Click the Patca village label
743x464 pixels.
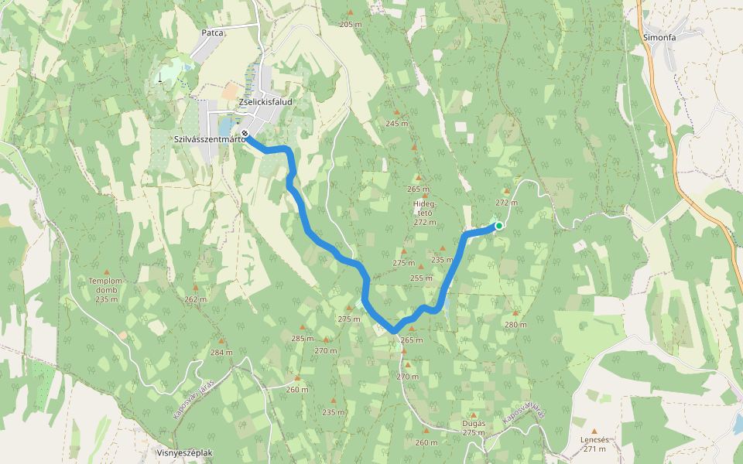[x=212, y=33]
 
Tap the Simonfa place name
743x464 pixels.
[x=659, y=36]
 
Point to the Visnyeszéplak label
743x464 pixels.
[x=184, y=453]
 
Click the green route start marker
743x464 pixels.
[x=499, y=226]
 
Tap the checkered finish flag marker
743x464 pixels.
[x=245, y=134]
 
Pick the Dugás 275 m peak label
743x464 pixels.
[x=474, y=428]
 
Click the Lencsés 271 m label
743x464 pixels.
[x=594, y=443]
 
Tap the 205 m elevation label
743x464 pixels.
[x=351, y=25]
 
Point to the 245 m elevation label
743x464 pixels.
[x=396, y=124]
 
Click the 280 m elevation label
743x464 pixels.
[x=515, y=324]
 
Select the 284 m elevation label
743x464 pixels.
[x=221, y=352]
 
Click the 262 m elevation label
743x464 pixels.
[x=196, y=299]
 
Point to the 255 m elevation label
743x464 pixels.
[x=421, y=278]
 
